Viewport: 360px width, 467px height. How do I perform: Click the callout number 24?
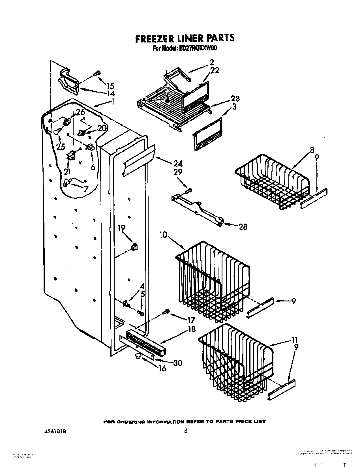[177, 163]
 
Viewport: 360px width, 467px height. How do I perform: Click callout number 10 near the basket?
[163, 235]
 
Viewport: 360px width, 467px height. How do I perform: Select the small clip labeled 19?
[134, 247]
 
